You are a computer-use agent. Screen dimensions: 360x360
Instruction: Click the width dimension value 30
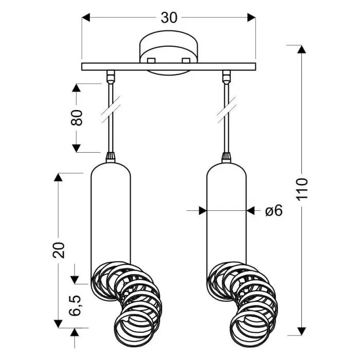click(x=169, y=17)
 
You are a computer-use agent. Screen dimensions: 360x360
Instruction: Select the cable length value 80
click(x=77, y=118)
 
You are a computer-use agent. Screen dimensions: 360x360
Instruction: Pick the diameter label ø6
click(x=275, y=210)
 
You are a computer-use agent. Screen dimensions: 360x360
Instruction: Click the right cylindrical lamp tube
click(x=226, y=211)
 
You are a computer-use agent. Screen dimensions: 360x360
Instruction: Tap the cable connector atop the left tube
click(x=110, y=156)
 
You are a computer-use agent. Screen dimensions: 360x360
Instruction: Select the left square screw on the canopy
click(x=151, y=60)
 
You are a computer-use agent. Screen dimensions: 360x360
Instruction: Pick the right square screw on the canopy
click(x=186, y=60)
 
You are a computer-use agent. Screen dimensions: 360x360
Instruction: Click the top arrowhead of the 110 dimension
click(x=302, y=50)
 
